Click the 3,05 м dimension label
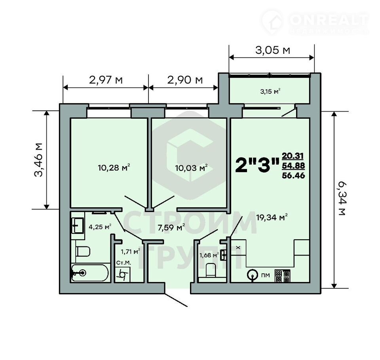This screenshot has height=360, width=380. click(273, 50)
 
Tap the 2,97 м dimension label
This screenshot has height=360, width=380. click(106, 80)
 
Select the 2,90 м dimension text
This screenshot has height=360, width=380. click(185, 80)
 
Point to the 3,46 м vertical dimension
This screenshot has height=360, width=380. click(38, 160)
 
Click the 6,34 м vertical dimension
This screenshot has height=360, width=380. click(342, 199)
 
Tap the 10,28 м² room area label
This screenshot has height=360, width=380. click(114, 167)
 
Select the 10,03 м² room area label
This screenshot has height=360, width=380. click(191, 167)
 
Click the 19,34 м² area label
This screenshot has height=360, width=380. click(272, 217)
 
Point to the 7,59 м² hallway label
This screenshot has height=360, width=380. click(171, 227)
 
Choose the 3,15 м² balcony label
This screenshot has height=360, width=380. click(270, 91)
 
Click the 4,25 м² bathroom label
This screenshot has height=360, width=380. click(100, 227)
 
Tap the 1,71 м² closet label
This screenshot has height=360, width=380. click(130, 252)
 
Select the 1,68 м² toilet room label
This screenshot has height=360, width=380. click(209, 255)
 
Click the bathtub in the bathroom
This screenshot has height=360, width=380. click(90, 273)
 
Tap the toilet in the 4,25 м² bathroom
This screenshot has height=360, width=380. click(83, 252)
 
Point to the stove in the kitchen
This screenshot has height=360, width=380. click(282, 276)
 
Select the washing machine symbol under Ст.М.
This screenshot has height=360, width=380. click(123, 275)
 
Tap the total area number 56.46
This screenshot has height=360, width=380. click(293, 175)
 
